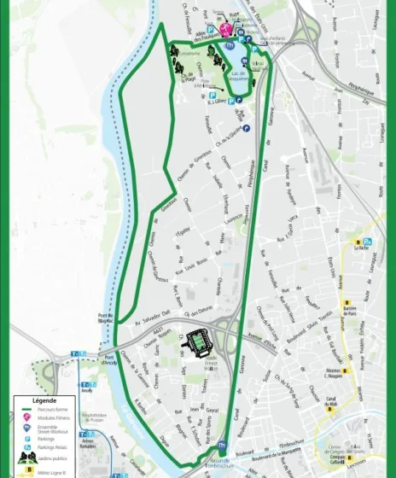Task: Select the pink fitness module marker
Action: pos(226,29)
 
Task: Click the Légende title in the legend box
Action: pos(44,399)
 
